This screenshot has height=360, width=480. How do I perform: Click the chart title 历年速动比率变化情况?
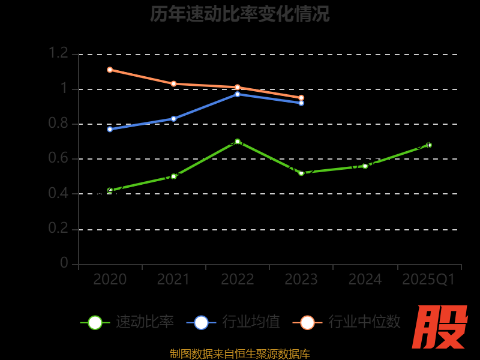[x=240, y=14]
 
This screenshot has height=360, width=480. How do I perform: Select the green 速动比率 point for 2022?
[x=238, y=142]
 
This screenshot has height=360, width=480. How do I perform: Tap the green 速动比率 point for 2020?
[x=110, y=190]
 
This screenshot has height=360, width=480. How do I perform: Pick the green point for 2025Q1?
[x=429, y=145]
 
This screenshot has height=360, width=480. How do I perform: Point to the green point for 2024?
[x=365, y=166]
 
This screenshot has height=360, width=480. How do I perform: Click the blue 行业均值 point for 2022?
[x=238, y=94]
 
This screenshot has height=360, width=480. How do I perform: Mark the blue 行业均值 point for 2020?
[x=110, y=129]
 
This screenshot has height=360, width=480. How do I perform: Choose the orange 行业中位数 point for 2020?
[x=110, y=70]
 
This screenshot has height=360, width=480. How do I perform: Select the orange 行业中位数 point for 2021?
[x=173, y=83]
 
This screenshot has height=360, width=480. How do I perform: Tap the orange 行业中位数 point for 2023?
[x=301, y=97]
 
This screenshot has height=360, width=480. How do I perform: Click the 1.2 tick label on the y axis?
[x=59, y=53]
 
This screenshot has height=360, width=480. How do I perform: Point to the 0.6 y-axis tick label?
[x=59, y=159]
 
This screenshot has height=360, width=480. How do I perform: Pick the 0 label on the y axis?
[x=64, y=264]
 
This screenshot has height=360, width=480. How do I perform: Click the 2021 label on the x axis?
[x=173, y=280]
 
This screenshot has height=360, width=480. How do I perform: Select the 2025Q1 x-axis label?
[x=428, y=280]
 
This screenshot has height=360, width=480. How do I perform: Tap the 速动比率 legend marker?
[x=95, y=322]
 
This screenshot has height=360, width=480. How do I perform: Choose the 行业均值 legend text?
[x=251, y=322]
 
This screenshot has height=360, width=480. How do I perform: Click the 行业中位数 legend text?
[x=364, y=322]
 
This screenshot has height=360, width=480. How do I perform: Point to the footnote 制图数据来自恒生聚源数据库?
[x=240, y=354]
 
